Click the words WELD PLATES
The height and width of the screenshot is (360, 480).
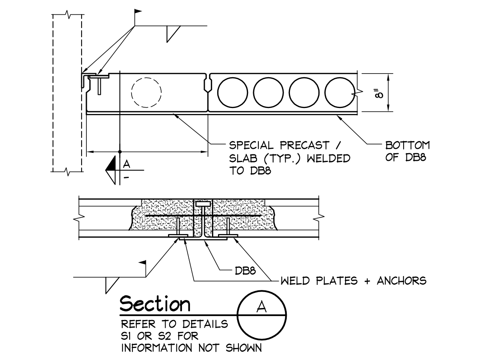coord(319,281)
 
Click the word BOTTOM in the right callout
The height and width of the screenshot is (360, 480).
coord(407,145)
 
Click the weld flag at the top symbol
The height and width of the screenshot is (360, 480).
coord(138,11)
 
